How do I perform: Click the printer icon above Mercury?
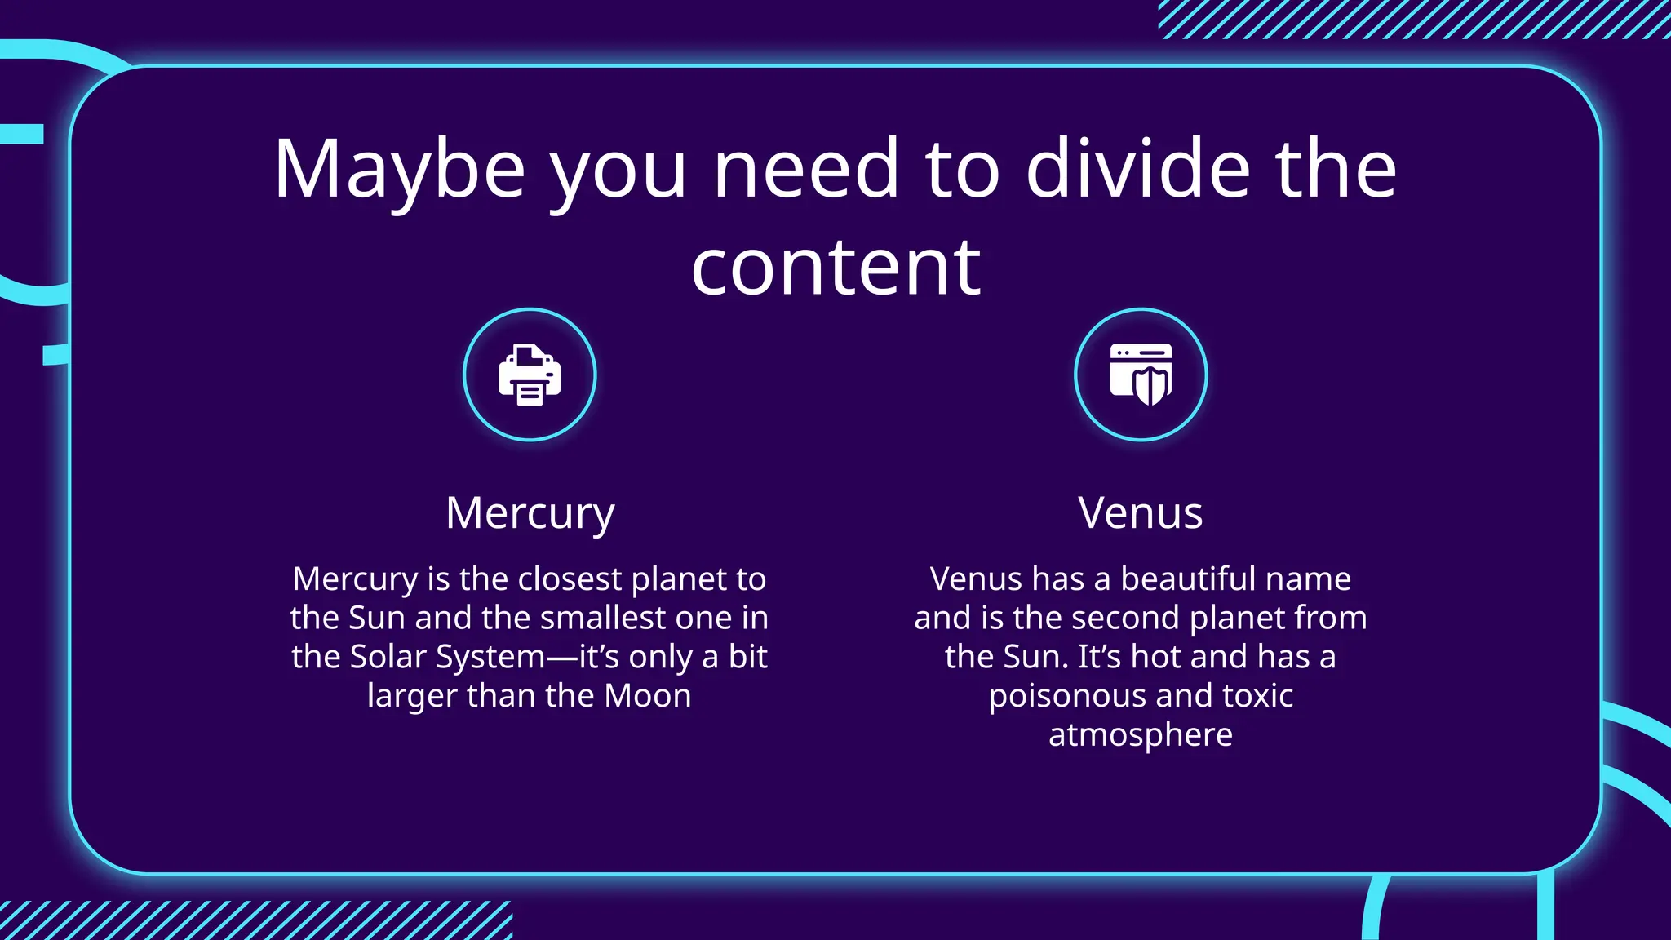point(530,375)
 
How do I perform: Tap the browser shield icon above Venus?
point(1141,375)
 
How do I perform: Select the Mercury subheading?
point(530,513)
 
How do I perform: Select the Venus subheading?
point(1140,513)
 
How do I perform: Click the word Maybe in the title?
point(399,170)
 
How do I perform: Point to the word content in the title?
point(835,268)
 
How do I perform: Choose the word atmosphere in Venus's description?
point(1140,735)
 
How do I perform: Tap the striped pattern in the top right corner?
point(1412,20)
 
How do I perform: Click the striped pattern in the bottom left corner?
point(253,920)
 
